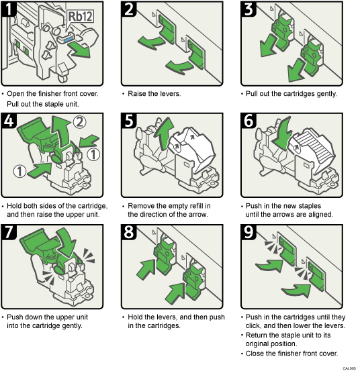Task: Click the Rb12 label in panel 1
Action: (79, 16)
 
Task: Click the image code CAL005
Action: (348, 368)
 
